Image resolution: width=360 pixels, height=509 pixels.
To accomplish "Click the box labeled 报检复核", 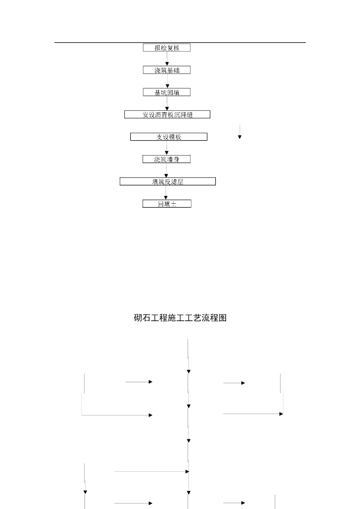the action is [167, 48].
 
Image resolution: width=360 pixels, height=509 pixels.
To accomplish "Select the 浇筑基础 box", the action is [167, 70].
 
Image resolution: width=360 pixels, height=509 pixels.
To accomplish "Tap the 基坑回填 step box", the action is [167, 92].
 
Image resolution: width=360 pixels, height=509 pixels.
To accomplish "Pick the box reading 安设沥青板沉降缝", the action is [167, 115].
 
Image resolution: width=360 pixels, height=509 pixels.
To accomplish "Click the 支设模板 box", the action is [169, 137].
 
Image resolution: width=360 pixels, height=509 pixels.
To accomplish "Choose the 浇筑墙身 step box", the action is [167, 159].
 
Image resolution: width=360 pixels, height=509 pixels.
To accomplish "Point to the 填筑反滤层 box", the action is [168, 181].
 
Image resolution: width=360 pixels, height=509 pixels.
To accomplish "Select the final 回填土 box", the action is [167, 204].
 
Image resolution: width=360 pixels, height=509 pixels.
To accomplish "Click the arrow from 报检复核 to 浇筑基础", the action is [167, 59].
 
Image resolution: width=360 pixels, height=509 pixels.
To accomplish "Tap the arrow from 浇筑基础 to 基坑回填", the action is [167, 82].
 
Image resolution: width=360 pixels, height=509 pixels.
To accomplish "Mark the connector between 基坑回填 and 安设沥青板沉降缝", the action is [167, 103].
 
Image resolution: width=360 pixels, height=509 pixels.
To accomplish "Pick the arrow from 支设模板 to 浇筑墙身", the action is [167, 148].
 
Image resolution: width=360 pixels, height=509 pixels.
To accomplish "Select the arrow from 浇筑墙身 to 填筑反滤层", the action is [167, 170].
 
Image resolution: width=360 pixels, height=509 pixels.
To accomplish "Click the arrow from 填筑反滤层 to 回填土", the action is [167, 193].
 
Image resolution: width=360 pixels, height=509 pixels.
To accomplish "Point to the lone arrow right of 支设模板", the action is [240, 132].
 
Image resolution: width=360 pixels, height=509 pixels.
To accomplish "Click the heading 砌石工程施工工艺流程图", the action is [180, 318].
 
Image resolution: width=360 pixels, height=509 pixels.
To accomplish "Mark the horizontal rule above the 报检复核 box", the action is [180, 42].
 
